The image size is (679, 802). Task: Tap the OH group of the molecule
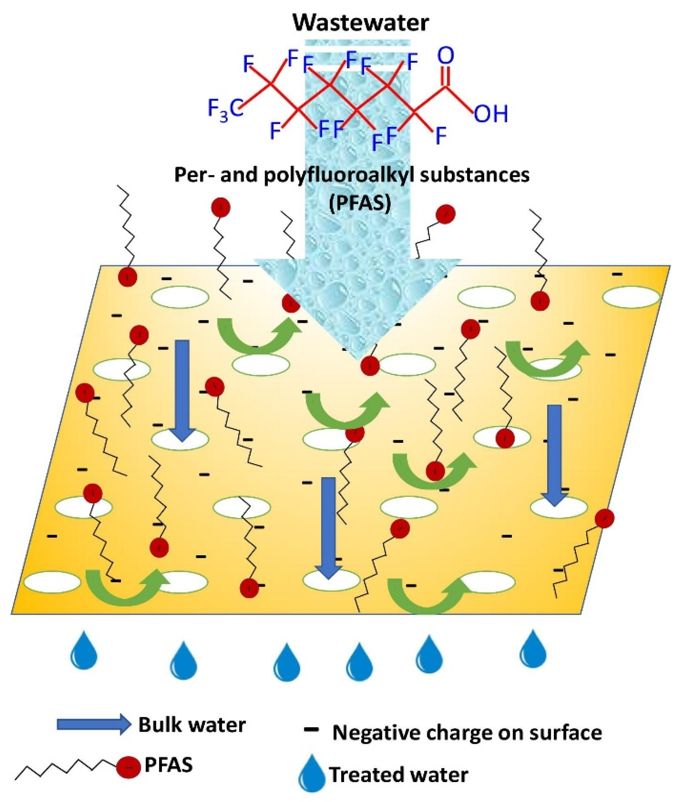[490, 114]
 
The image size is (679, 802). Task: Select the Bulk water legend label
[192, 725]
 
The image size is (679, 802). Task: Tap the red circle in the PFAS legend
[128, 767]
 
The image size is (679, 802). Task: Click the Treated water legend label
[399, 775]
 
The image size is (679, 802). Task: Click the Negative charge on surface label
[467, 733]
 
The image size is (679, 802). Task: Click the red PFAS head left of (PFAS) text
[221, 208]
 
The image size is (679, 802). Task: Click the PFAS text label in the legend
[168, 765]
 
